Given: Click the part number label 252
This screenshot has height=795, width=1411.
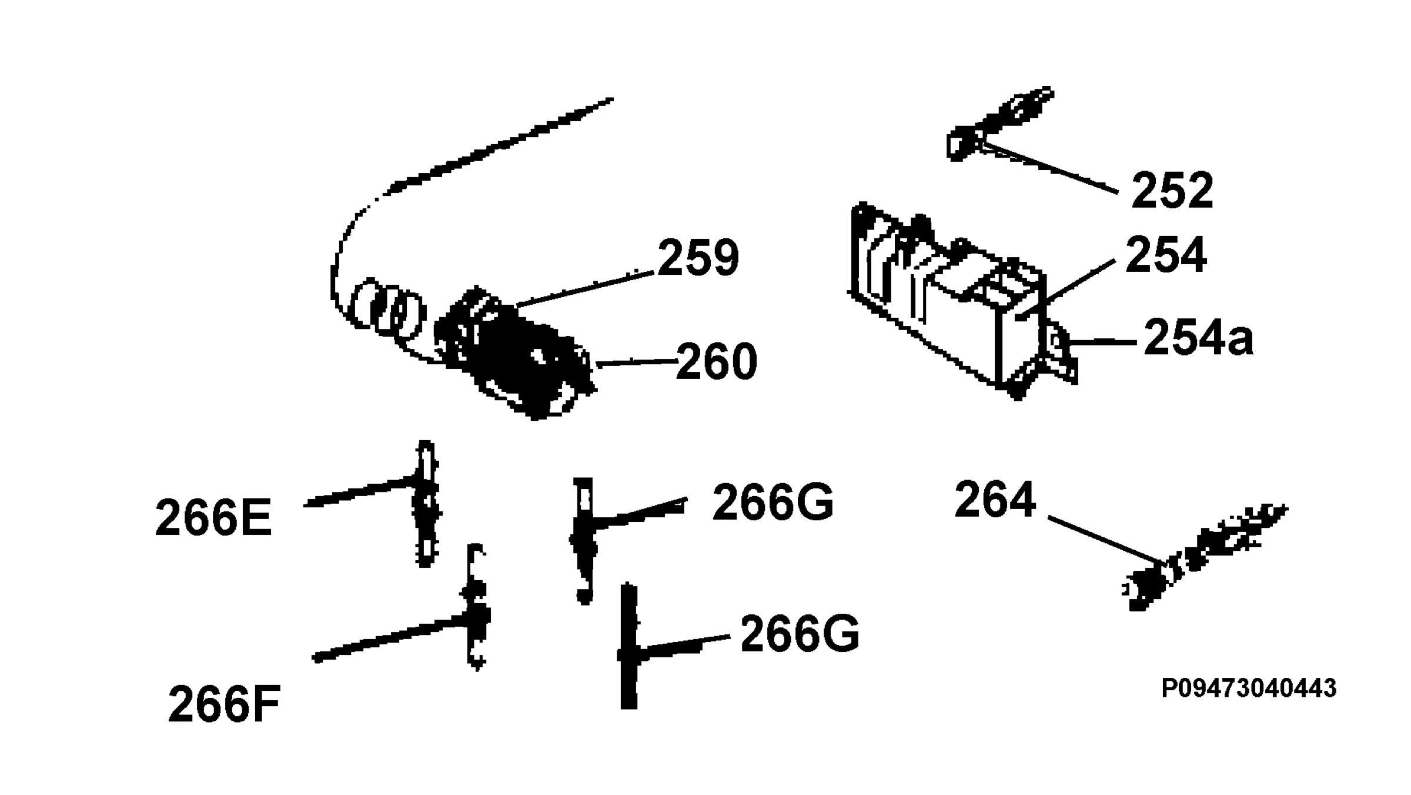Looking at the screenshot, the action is [x=1172, y=191].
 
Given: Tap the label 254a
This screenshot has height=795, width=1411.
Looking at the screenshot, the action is [x=1199, y=337].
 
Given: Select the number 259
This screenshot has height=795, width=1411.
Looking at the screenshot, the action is [x=698, y=257].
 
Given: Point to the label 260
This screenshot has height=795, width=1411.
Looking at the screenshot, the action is [x=717, y=361].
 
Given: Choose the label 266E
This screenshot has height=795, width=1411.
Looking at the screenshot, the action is [x=213, y=518].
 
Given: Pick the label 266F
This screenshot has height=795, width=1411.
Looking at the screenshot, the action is [x=224, y=704].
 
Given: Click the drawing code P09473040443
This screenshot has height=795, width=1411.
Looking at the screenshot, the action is [x=1249, y=688].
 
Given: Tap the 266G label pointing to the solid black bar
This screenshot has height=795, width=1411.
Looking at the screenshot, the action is [x=800, y=633].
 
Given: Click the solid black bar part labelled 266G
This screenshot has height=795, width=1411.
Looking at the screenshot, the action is [x=628, y=646].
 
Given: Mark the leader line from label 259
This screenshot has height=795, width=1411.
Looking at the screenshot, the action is [x=585, y=289].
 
